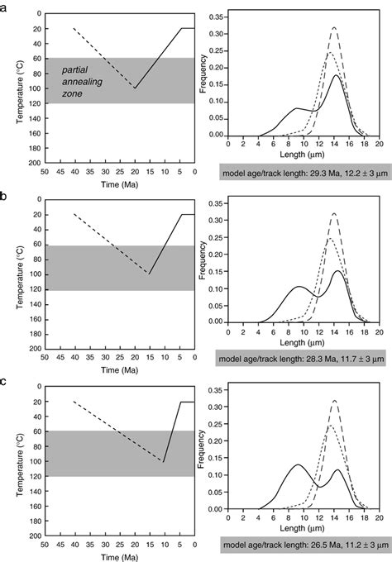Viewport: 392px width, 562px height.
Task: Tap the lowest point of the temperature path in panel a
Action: (x=136, y=88)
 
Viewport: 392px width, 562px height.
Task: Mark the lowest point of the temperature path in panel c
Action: (x=165, y=461)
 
